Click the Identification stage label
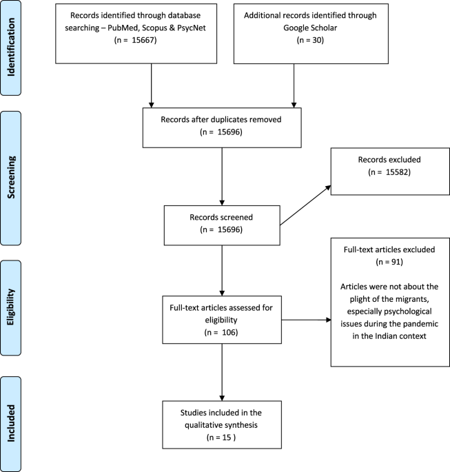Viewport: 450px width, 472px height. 11,47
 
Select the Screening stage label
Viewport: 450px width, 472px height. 11,177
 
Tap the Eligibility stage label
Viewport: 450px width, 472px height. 11,307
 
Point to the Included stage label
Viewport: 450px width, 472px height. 11,423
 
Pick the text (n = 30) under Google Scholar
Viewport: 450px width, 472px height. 310,40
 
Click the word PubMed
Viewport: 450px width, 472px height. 123,28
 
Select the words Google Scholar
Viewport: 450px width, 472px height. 310,28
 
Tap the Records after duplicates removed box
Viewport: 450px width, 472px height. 222,127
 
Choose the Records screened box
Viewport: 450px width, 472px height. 222,225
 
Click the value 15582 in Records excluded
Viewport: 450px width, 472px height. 398,172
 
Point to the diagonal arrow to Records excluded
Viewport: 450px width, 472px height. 305,205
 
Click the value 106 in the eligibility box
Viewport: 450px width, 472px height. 229,332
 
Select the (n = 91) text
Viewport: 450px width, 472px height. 389,262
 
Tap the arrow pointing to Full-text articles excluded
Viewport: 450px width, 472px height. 306,320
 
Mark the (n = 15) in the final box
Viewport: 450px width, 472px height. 221,438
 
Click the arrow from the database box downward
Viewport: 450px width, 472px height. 152,85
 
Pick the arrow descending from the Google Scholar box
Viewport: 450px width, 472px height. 294,85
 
